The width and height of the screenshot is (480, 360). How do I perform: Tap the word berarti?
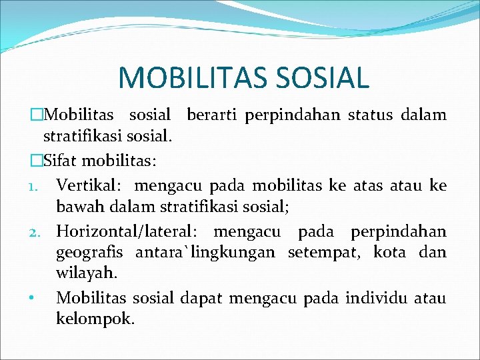(x=213, y=115)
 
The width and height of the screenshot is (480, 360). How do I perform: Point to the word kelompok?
(x=95, y=319)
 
